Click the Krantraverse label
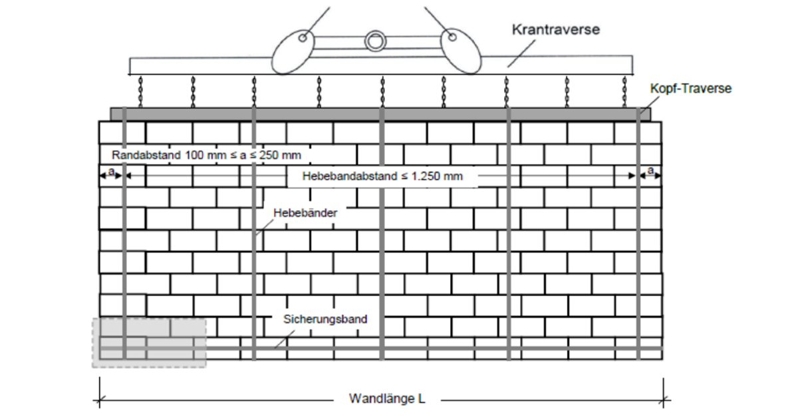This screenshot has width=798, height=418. tap(556, 29)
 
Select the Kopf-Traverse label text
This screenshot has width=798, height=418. tap(691, 89)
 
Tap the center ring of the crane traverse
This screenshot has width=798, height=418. tap(375, 41)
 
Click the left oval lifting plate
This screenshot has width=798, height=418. tap(293, 52)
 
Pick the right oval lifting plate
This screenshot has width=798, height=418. tap(461, 51)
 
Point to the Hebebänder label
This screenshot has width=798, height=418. tap(305, 213)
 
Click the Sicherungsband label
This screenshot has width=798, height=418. tap(325, 319)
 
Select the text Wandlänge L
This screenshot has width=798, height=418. tap(387, 399)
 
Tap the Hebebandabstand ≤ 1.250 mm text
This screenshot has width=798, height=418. tap(382, 176)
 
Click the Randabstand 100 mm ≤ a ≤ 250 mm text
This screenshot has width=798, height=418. tap(206, 155)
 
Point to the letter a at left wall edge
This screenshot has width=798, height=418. tap(111, 172)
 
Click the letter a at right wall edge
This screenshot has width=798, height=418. tap(650, 171)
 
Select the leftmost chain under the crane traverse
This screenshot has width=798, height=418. tap(140, 91)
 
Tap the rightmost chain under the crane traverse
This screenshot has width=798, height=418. tap(624, 91)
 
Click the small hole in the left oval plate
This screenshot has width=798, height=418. tap(303, 38)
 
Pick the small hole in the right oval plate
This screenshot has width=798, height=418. tap(452, 37)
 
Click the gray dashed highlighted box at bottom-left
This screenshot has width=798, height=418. tap(149, 343)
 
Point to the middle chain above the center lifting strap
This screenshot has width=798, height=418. tap(382, 91)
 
